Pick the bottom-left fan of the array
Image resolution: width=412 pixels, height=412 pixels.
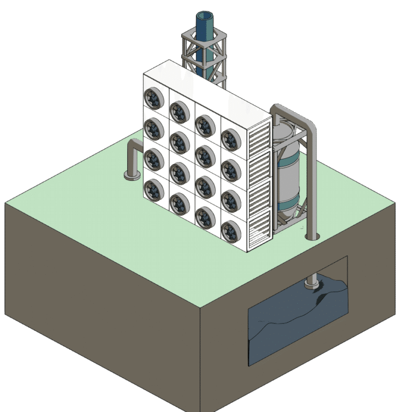pyautogui.click(x=153, y=189)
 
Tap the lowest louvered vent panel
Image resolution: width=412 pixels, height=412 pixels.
pyautogui.click(x=261, y=225)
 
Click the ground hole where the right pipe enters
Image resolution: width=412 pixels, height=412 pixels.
pyautogui.click(x=312, y=236)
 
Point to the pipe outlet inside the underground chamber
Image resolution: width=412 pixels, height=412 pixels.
pyautogui.click(x=312, y=283)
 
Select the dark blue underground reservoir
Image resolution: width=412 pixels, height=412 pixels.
pyautogui.click(x=295, y=327)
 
